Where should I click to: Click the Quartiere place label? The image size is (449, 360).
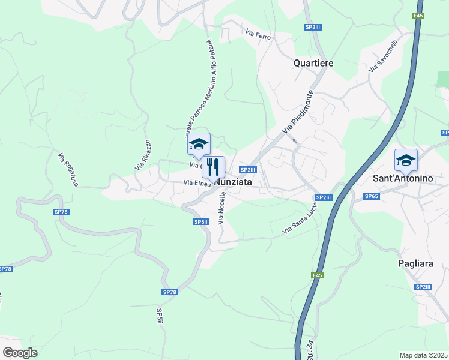click(313, 63)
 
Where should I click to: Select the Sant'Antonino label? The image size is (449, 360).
click(403, 179)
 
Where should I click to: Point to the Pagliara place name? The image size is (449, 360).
click(415, 263)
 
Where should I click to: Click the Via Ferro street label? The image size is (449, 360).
click(258, 35)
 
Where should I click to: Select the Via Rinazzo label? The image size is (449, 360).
click(142, 154)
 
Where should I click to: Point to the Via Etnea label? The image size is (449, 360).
click(196, 184)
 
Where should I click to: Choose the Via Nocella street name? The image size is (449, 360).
click(221, 208)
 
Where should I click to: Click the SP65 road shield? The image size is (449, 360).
click(372, 196)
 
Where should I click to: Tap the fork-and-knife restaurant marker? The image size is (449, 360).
click(212, 166)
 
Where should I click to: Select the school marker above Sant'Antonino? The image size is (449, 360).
click(406, 160)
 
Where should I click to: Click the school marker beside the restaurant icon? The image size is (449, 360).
click(199, 143)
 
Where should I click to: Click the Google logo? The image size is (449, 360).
click(20, 353)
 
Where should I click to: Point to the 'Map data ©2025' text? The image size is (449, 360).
click(423, 355)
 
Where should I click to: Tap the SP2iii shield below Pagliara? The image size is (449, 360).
click(423, 287)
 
